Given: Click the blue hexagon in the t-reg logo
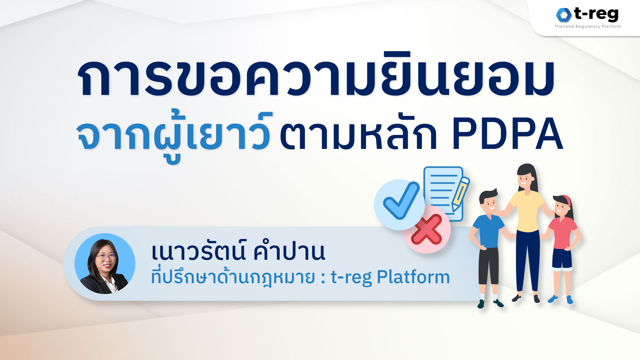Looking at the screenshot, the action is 564,15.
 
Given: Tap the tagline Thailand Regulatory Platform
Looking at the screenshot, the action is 588,27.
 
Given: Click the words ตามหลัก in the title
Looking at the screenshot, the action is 358,134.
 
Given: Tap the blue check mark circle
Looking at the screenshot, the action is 399,204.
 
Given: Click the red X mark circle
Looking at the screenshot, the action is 427,229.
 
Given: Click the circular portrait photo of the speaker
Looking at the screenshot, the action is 105,263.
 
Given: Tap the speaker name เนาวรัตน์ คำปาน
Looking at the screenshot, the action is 238,252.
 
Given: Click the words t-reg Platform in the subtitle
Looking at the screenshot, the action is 390,277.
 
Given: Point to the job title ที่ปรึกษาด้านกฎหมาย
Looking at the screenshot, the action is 233,277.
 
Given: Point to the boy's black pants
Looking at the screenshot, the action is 489,265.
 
